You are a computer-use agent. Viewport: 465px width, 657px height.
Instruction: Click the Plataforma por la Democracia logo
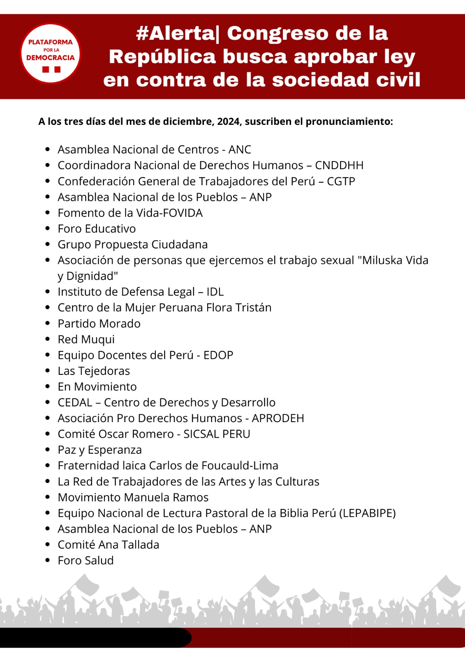(x=51, y=53)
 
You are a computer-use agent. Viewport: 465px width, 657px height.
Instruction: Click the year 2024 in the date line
(x=229, y=122)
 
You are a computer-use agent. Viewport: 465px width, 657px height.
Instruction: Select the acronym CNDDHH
(x=339, y=165)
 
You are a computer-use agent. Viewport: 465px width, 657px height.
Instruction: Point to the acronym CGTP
(x=341, y=181)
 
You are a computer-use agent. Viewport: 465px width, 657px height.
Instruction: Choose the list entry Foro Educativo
(x=97, y=229)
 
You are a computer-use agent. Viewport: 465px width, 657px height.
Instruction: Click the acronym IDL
(x=215, y=292)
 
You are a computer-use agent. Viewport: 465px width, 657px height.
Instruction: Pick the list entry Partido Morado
(x=99, y=324)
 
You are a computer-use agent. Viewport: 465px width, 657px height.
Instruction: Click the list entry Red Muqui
(x=86, y=340)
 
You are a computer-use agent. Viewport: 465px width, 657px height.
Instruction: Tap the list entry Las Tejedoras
(x=94, y=371)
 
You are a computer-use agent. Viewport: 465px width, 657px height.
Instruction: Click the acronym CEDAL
(x=75, y=402)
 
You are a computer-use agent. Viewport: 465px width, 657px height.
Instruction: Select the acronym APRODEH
(x=278, y=418)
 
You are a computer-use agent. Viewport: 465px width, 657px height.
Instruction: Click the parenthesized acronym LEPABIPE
(x=368, y=513)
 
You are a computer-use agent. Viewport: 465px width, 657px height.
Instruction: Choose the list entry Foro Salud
(x=86, y=561)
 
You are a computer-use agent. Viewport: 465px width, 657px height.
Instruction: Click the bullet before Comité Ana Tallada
(x=48, y=545)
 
